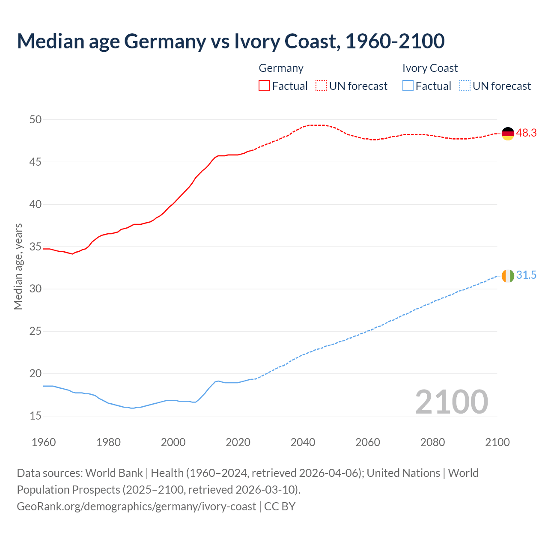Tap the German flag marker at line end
[x=507, y=134]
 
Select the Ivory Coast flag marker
[x=507, y=276]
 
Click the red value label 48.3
[x=526, y=133]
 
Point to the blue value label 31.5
[x=526, y=275]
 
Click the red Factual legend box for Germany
[x=264, y=86]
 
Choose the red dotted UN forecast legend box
[x=321, y=86]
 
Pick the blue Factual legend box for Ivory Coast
[x=408, y=86]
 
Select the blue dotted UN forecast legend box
[x=465, y=86]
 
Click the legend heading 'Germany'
[x=281, y=68]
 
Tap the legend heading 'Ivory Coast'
[x=430, y=68]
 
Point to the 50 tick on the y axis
[x=36, y=119]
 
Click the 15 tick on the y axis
[x=36, y=416]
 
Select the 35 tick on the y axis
[x=36, y=247]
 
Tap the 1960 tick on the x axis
[x=44, y=442]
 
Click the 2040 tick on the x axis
[x=303, y=442]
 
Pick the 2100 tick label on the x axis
[x=497, y=442]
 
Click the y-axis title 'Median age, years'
[x=18, y=266]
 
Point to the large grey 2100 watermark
[x=451, y=402]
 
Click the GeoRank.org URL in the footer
[x=136, y=506]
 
